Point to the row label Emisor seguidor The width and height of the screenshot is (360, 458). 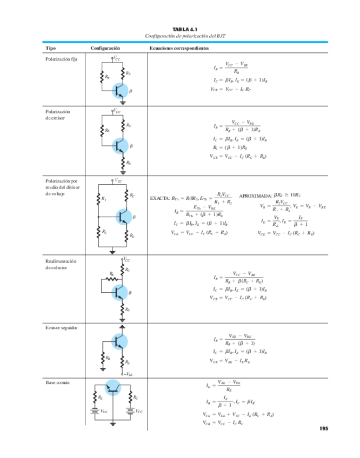click(x=62, y=328)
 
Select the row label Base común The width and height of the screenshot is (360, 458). click(x=57, y=382)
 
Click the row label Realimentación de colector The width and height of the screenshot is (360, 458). click(x=62, y=264)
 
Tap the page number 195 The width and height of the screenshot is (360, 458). click(x=323, y=428)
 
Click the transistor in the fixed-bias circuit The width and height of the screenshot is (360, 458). click(x=121, y=90)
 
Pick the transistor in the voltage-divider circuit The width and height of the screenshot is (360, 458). click(x=123, y=217)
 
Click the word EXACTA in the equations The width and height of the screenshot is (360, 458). click(x=160, y=198)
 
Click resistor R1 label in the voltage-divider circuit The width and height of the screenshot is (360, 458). click(x=104, y=199)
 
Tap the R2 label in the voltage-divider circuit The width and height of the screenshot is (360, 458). click(x=104, y=231)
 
